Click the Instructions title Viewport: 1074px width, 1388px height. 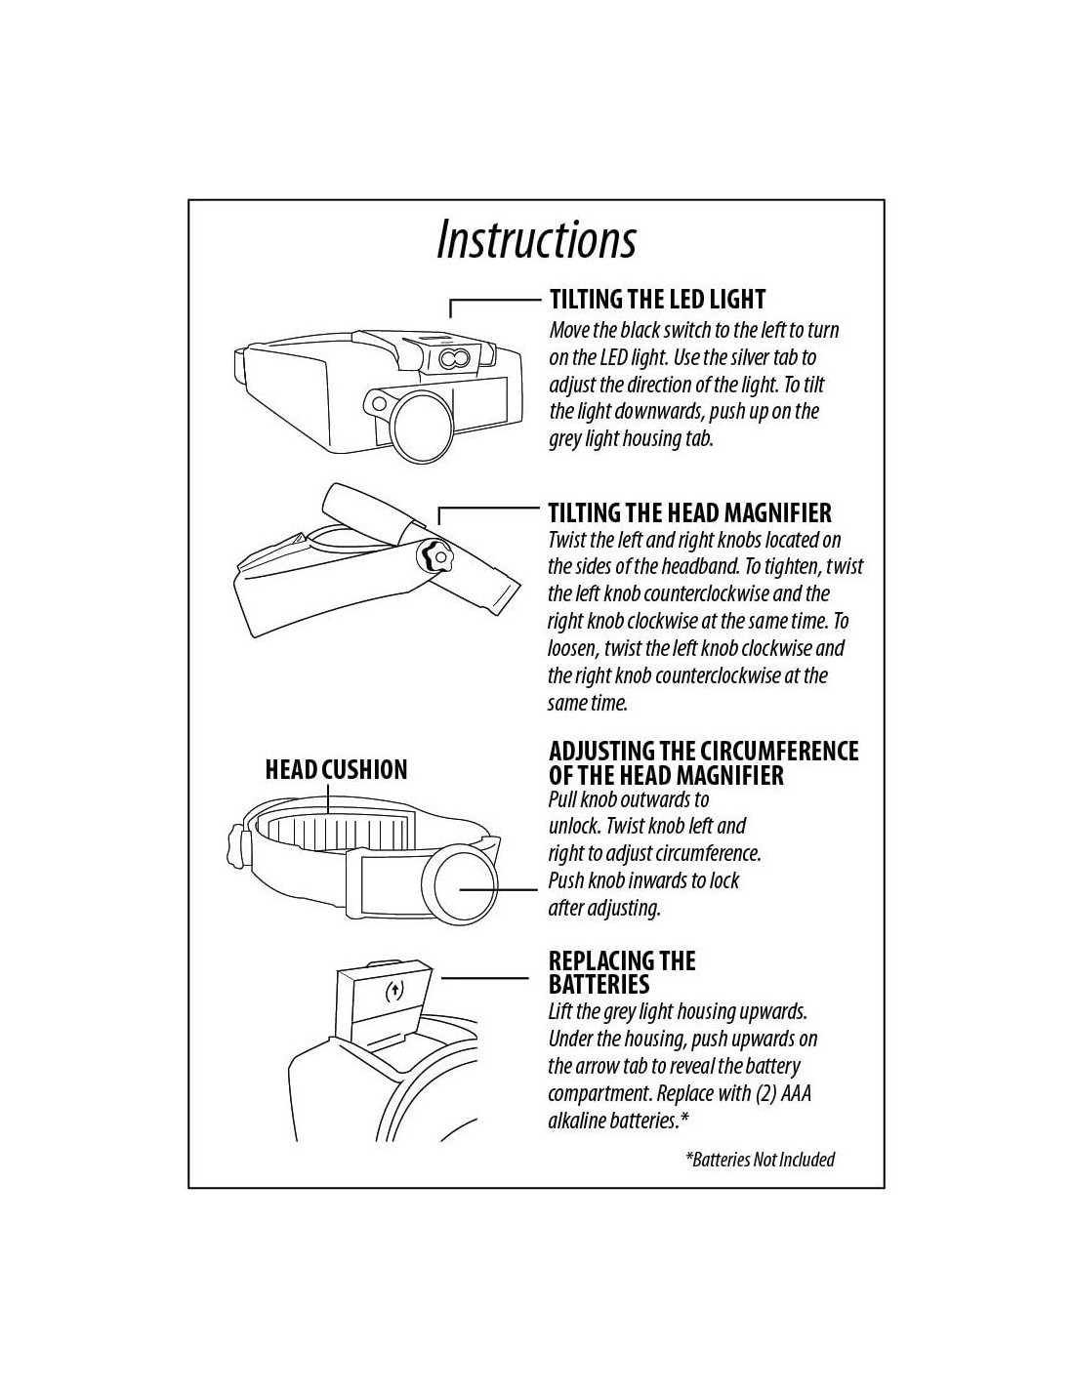point(536,239)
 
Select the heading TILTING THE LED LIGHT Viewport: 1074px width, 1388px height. point(657,299)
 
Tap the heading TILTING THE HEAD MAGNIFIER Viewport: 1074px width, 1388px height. point(690,512)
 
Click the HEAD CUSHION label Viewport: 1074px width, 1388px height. point(336,769)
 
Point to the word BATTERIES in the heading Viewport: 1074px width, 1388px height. point(599,984)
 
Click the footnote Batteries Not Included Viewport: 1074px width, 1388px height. point(761,1160)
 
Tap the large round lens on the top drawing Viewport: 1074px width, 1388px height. point(421,425)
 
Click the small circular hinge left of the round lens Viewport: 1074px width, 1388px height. point(379,404)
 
